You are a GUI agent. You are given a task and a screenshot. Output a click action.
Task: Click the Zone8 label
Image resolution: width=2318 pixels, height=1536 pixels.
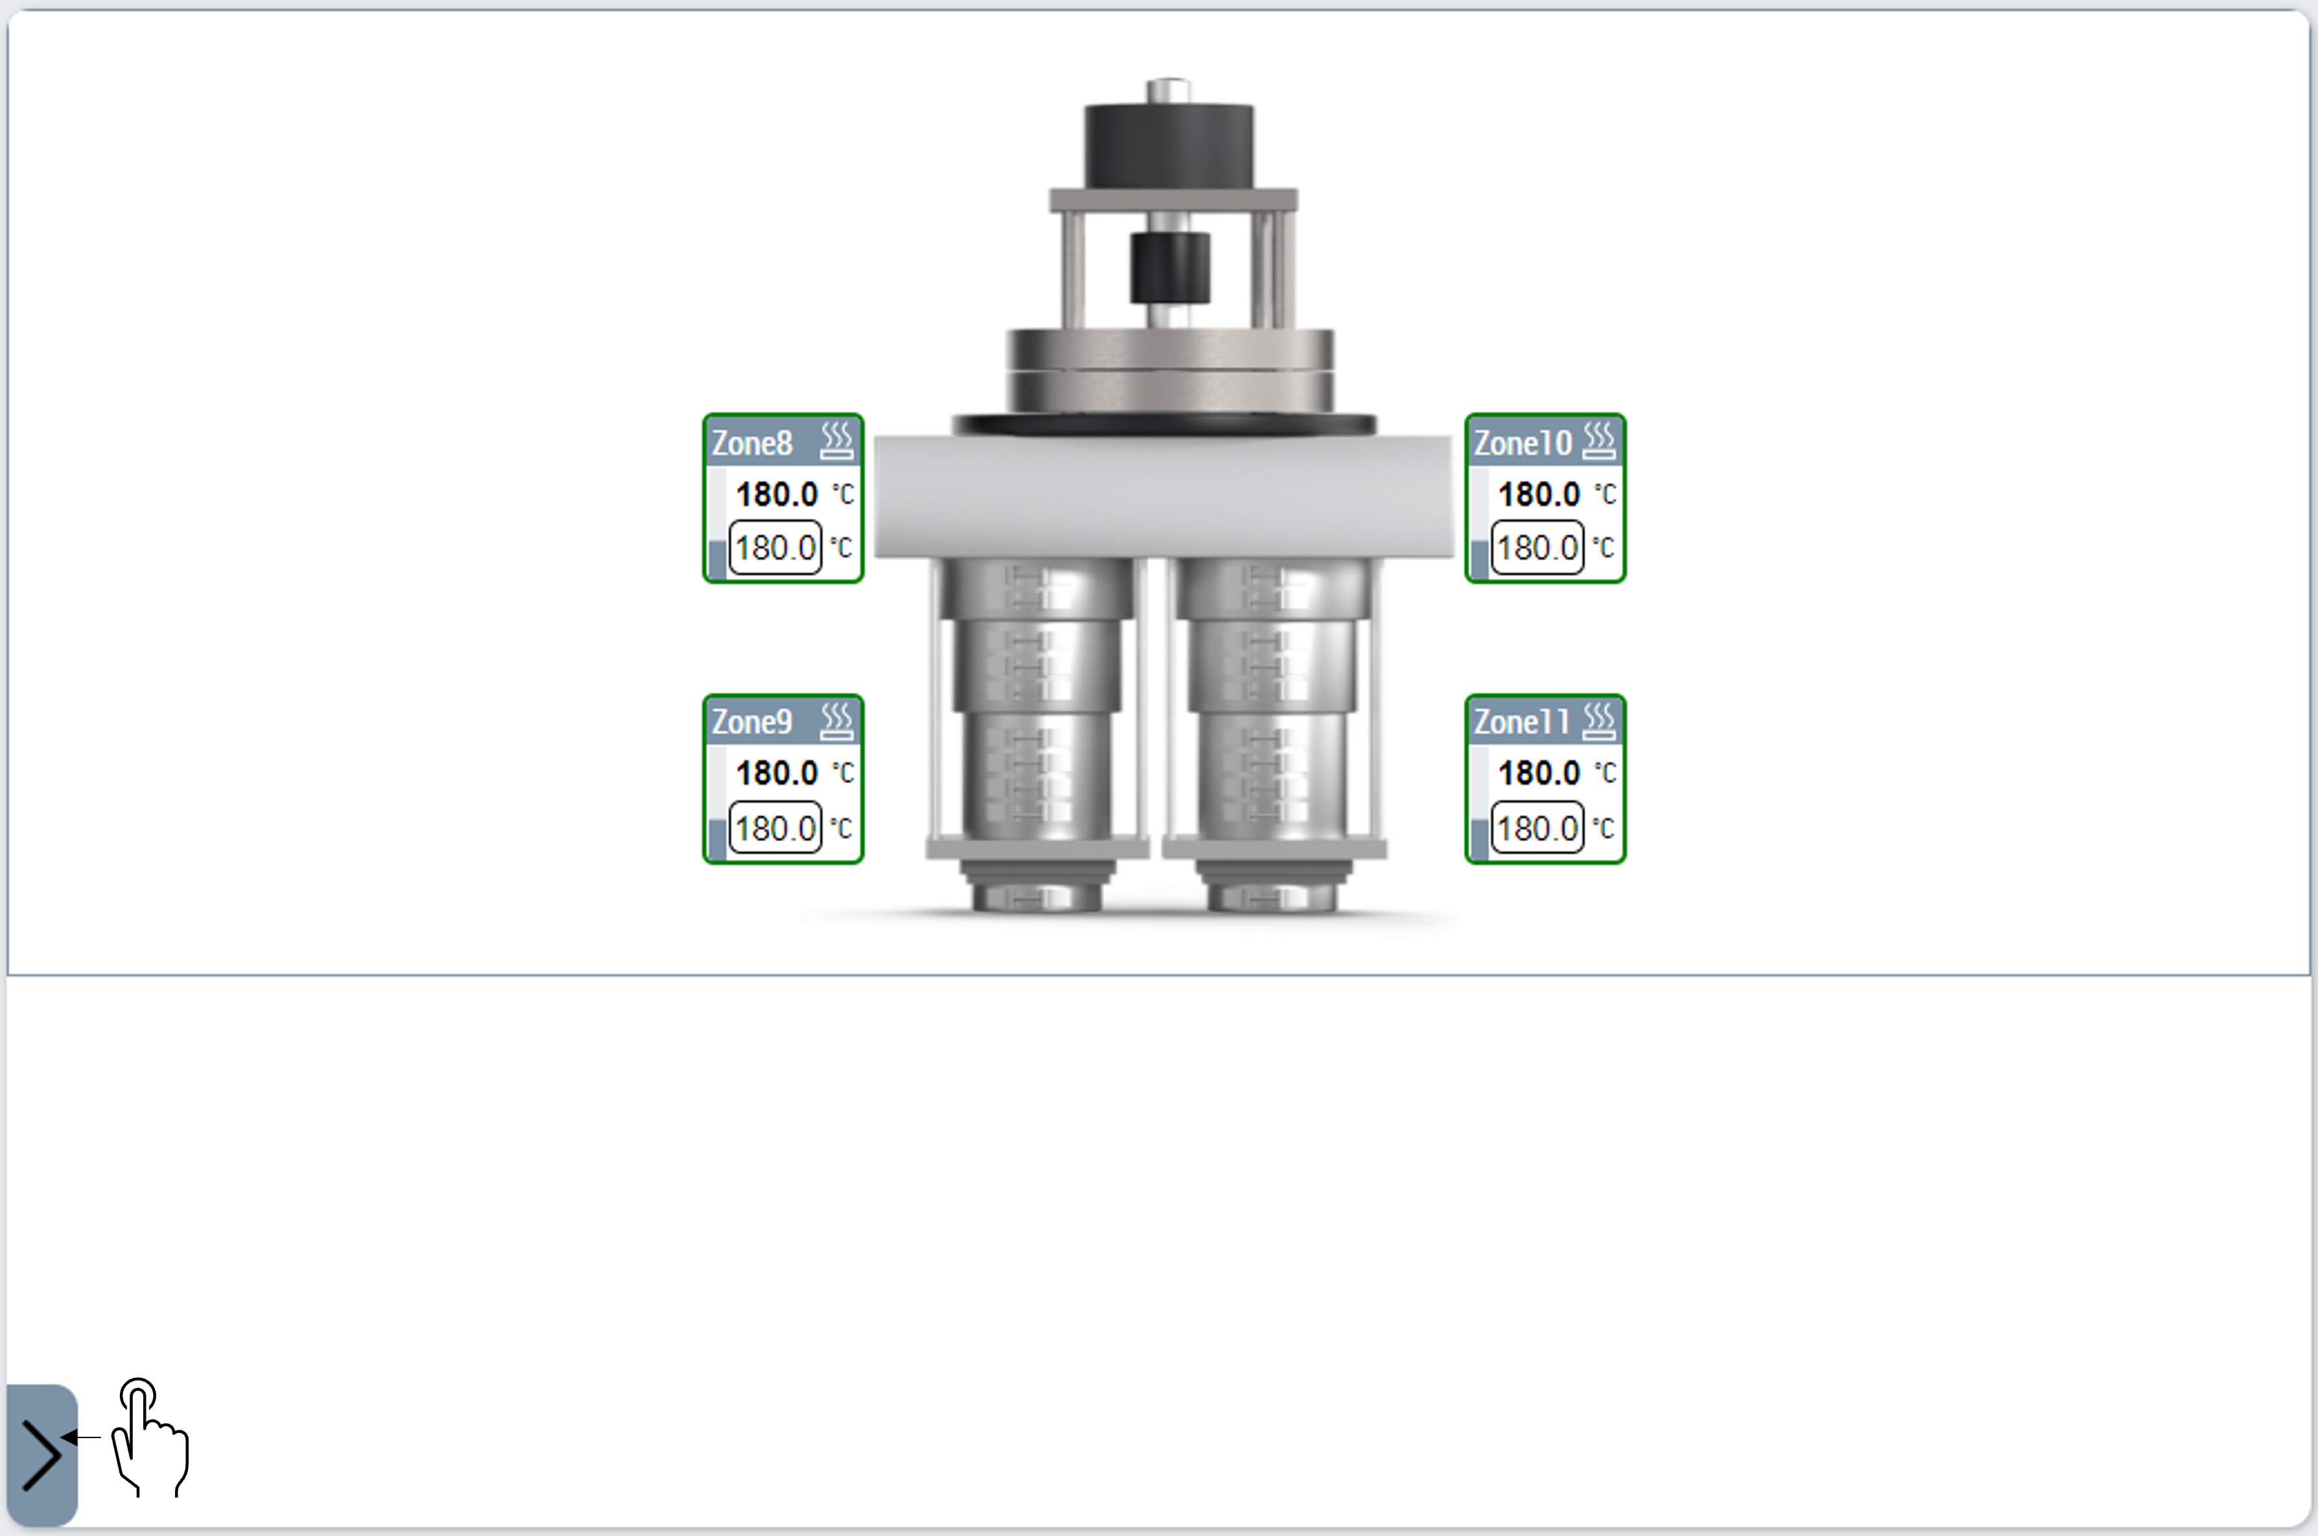pos(751,443)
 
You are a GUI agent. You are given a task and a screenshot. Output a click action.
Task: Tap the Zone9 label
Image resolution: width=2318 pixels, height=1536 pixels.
pos(751,722)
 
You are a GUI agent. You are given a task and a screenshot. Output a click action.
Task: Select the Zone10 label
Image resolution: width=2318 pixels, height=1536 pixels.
pos(1522,443)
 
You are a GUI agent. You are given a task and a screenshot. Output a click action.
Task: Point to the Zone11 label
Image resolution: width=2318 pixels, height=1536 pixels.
pos(1522,722)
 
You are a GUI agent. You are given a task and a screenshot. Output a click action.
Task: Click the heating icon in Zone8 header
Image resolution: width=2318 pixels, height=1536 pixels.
pos(836,441)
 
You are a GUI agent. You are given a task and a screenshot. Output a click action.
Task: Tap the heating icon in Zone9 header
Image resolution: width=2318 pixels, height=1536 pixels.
pos(836,721)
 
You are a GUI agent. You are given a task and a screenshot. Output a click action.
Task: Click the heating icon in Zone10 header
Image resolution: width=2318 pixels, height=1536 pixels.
pos(1598,441)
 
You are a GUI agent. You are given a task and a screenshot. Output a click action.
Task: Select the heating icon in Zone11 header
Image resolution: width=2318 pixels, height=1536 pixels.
pos(1598,721)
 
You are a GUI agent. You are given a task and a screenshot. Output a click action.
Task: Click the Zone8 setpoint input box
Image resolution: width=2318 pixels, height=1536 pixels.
pos(776,548)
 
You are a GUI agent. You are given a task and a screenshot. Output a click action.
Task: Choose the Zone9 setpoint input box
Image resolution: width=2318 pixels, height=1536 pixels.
pos(776,828)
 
